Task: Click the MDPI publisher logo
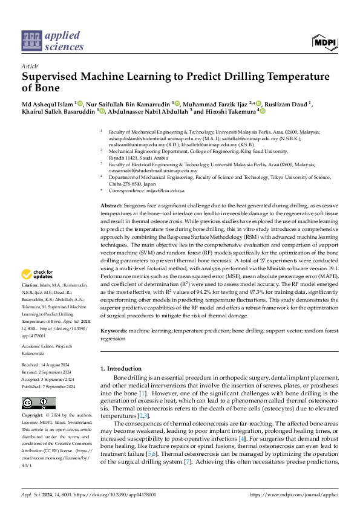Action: click(x=325, y=42)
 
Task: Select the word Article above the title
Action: click(x=30, y=65)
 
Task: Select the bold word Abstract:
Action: click(x=111, y=207)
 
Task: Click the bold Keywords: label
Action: click(x=114, y=332)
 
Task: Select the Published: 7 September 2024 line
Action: click(x=48, y=386)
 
